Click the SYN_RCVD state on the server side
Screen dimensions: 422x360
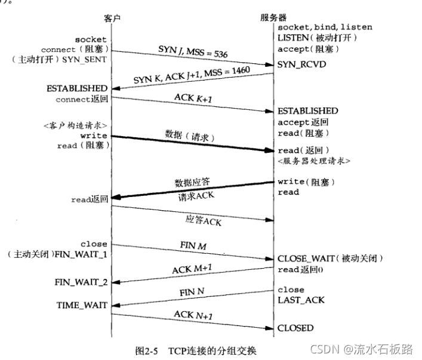(x=301, y=63)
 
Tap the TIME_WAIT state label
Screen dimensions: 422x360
(x=82, y=304)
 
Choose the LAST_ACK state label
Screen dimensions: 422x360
(x=301, y=300)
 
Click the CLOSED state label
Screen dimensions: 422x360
(x=295, y=328)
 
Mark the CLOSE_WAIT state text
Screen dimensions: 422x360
(x=306, y=259)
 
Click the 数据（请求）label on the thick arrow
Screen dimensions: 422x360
(x=190, y=137)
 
